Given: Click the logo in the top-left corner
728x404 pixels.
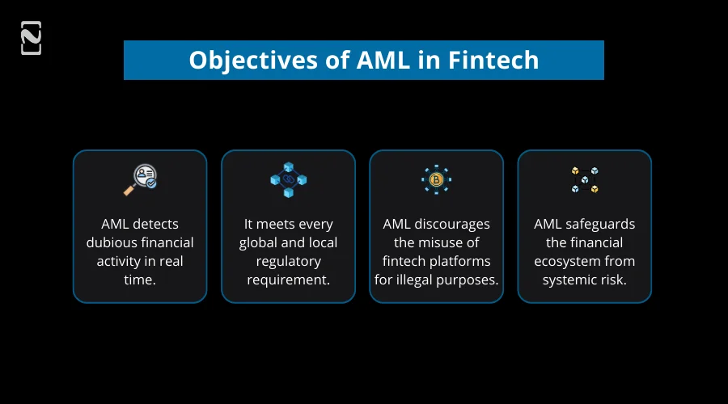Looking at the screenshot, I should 31,38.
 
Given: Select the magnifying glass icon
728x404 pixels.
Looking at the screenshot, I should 140,179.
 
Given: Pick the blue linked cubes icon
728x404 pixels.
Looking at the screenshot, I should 288,179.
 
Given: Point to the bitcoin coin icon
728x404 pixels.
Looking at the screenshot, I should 436,179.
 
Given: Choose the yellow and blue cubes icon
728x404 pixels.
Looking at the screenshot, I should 584,179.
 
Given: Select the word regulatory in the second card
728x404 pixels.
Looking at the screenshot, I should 288,261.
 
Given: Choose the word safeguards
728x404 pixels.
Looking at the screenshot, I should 600,224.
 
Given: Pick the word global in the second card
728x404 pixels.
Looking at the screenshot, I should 257,242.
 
